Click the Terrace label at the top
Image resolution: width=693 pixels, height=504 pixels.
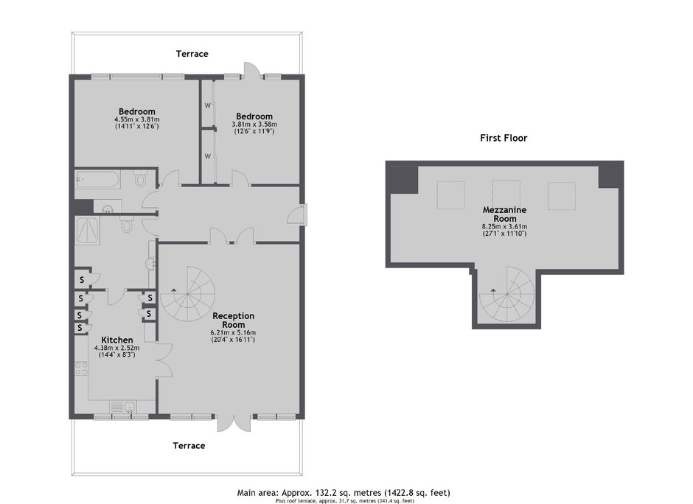pyautogui.click(x=192, y=54)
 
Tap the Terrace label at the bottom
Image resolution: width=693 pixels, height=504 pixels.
pyautogui.click(x=189, y=446)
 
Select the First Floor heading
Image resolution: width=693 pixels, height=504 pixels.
pyautogui.click(x=504, y=139)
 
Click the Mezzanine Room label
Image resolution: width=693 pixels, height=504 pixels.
pyautogui.click(x=504, y=214)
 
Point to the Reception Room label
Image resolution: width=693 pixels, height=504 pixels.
pyautogui.click(x=234, y=321)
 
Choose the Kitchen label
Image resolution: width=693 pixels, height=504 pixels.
pyautogui.click(x=117, y=340)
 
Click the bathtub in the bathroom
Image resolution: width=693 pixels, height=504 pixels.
pyautogui.click(x=97, y=180)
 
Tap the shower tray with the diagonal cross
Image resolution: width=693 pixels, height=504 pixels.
pyautogui.click(x=88, y=230)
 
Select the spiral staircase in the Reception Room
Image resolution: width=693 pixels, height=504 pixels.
pyautogui.click(x=188, y=294)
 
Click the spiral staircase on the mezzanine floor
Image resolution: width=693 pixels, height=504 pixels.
pyautogui.click(x=507, y=295)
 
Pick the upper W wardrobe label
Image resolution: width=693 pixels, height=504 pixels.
pyautogui.click(x=207, y=105)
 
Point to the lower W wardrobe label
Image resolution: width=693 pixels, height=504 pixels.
pyautogui.click(x=207, y=156)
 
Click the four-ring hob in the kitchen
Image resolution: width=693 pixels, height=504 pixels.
pyautogui.click(x=81, y=368)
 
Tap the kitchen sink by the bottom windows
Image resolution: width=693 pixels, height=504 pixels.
pyautogui.click(x=130, y=407)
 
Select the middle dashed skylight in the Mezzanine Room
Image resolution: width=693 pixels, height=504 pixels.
pyautogui.click(x=506, y=195)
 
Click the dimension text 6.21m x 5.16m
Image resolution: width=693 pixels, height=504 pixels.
pyautogui.click(x=234, y=332)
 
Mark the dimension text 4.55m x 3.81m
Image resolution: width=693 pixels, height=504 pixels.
pyautogui.click(x=137, y=119)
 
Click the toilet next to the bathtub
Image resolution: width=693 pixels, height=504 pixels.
pyautogui.click(x=141, y=179)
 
